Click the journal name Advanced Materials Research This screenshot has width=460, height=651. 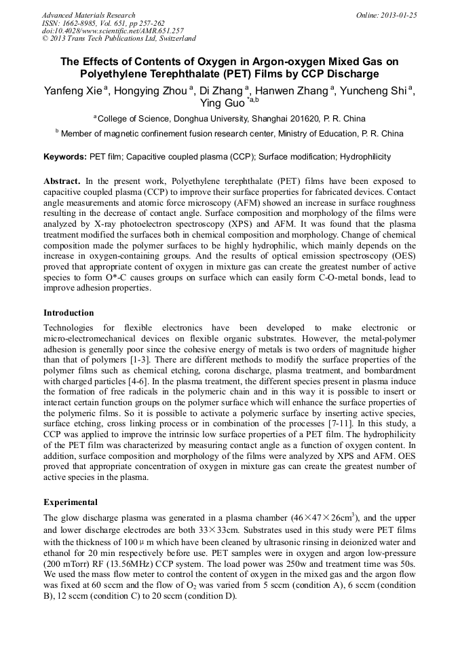pyautogui.click(x=88, y=15)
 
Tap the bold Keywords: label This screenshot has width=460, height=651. pyautogui.click(x=65, y=157)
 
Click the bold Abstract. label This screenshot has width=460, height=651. pyautogui.click(x=62, y=182)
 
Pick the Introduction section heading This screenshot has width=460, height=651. pyautogui.click(x=69, y=313)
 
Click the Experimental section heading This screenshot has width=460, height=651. pyautogui.click(x=71, y=502)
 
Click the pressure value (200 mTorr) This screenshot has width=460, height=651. pyautogui.click(x=69, y=565)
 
